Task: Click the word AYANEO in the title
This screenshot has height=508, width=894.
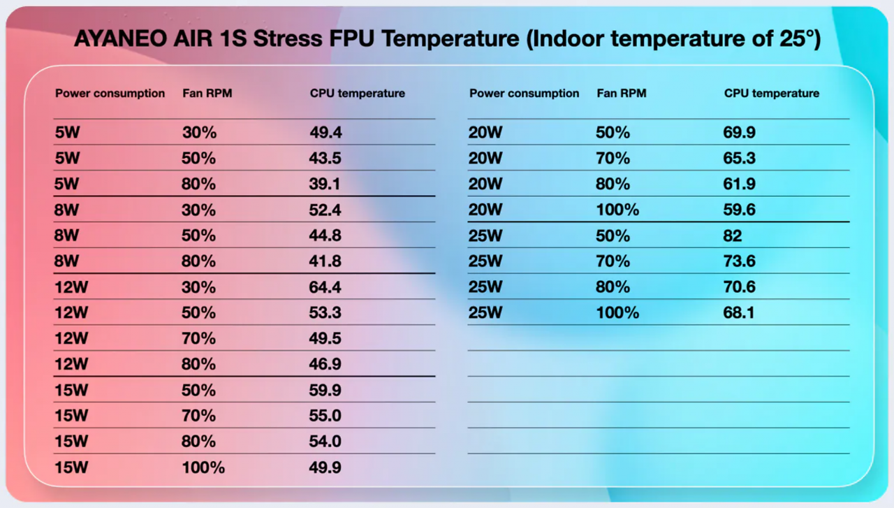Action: point(121,38)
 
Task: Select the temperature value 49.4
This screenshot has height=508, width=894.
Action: point(325,132)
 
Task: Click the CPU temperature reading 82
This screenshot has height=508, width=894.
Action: point(733,235)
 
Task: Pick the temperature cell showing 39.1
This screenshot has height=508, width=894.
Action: point(325,184)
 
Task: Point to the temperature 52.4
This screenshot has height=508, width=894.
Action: point(325,210)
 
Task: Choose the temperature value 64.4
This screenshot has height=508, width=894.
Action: point(325,287)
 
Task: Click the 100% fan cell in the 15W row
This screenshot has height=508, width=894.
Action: point(203,467)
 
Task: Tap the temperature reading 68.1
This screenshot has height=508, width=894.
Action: point(739,313)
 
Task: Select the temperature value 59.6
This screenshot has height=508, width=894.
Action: point(739,210)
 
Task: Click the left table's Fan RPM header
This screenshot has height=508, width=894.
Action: point(207,93)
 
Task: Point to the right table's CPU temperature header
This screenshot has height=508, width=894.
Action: point(772,93)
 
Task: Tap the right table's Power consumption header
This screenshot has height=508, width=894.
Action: point(524,94)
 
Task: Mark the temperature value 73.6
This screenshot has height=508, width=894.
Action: point(739,261)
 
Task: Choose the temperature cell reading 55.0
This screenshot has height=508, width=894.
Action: point(325,416)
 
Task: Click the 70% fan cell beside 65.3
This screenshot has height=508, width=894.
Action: point(613,158)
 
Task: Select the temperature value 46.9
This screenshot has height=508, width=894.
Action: point(325,364)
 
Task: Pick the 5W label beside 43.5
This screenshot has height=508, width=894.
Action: point(67,158)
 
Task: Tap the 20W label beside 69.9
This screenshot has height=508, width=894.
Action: point(485,132)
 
